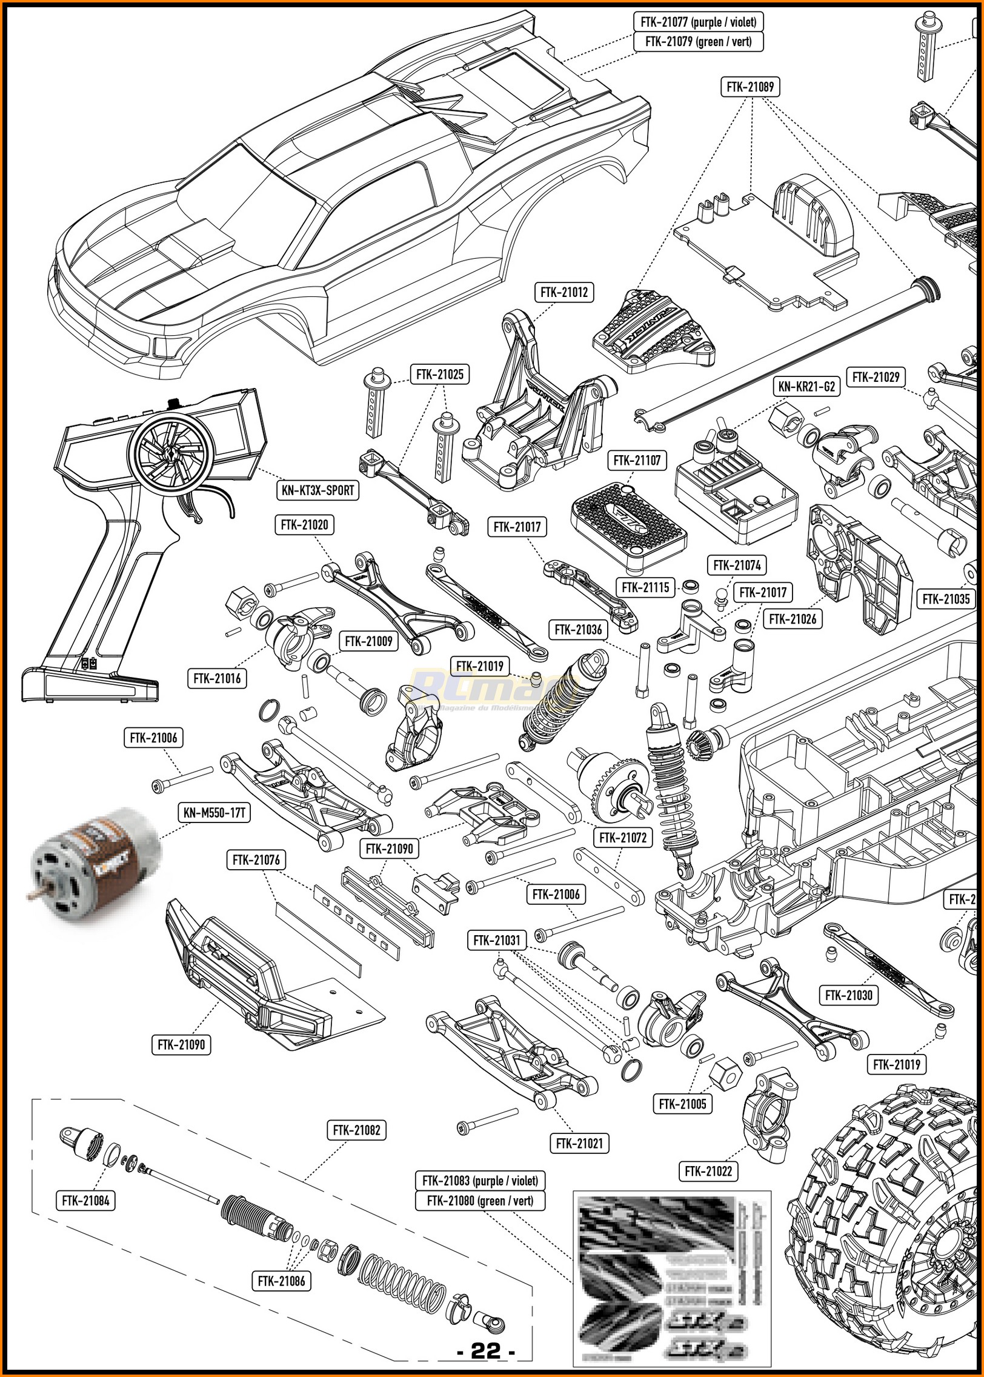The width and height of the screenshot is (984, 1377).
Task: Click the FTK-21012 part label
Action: click(564, 292)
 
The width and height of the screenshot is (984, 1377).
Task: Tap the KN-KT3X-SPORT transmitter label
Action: click(317, 490)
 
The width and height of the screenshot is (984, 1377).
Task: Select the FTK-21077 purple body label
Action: click(698, 22)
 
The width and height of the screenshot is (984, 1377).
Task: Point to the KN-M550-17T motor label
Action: click(214, 812)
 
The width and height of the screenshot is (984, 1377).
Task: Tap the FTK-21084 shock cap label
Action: click(85, 1200)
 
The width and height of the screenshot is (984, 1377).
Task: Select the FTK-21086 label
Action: click(281, 1281)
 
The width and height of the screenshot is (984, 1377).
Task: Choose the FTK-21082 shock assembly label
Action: click(356, 1130)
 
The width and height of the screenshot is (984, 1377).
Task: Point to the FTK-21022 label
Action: click(708, 1171)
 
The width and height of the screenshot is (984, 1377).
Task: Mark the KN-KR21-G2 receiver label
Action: click(808, 386)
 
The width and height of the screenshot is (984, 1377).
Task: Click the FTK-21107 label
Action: click(637, 460)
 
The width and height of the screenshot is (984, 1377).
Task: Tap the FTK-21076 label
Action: click(256, 859)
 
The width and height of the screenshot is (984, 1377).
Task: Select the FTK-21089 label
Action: click(750, 87)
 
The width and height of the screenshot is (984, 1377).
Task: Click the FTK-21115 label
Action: click(645, 587)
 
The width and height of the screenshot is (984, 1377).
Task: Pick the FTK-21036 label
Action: click(578, 629)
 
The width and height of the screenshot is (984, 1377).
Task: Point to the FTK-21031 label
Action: click(497, 940)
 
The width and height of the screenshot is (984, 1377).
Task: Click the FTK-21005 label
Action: click(682, 1104)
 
